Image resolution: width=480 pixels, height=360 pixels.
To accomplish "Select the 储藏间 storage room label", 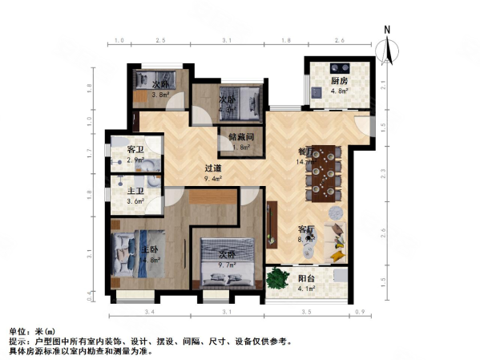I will [x=240, y=136].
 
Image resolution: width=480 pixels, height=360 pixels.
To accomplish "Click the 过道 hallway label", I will [x=212, y=168].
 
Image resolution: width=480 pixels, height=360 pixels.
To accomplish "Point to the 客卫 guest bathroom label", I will [x=135, y=150].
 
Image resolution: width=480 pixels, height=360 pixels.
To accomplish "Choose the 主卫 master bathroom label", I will [x=135, y=190].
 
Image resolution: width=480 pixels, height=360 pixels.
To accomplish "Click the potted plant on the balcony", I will [x=277, y=278].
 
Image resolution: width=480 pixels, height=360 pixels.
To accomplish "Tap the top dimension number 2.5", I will [x=160, y=40].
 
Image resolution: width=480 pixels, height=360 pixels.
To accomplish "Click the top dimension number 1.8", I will [x=286, y=40].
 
